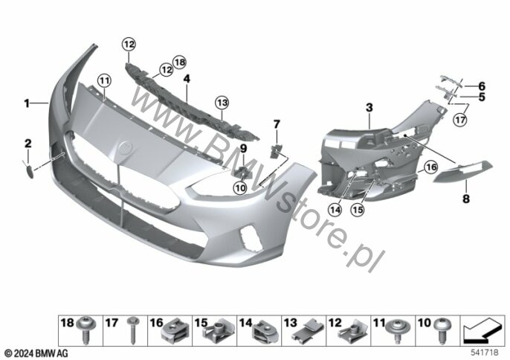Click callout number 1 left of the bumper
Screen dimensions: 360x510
[x=28, y=103]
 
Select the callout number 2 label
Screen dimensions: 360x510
[x=28, y=142]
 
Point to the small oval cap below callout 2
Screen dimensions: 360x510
[x=28, y=171]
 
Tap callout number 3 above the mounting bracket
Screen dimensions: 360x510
[x=368, y=109]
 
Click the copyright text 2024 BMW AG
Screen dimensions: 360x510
[x=36, y=351]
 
